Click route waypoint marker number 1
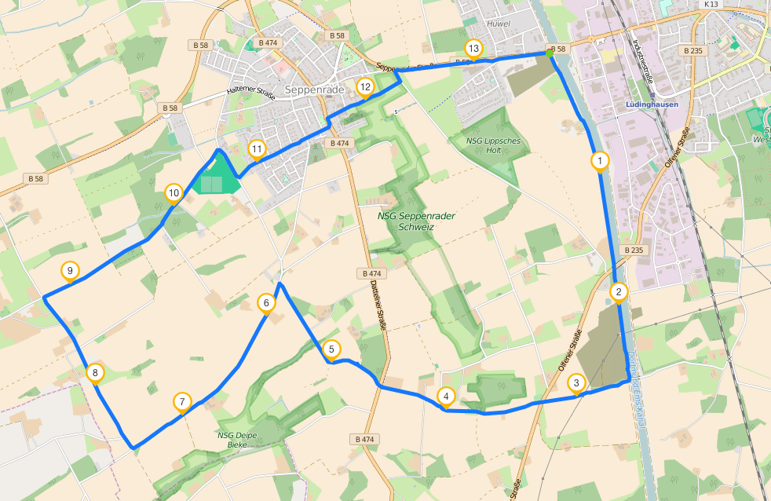point(599,161)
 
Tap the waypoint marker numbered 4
point(446,397)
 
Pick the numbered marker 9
point(70,271)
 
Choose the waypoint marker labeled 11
point(256,148)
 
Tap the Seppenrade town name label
point(315,90)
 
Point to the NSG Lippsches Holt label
point(493,145)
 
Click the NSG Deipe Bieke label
point(232,440)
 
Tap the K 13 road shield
point(711,4)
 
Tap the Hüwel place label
point(499,24)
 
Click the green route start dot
point(550,53)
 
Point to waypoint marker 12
point(364,86)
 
